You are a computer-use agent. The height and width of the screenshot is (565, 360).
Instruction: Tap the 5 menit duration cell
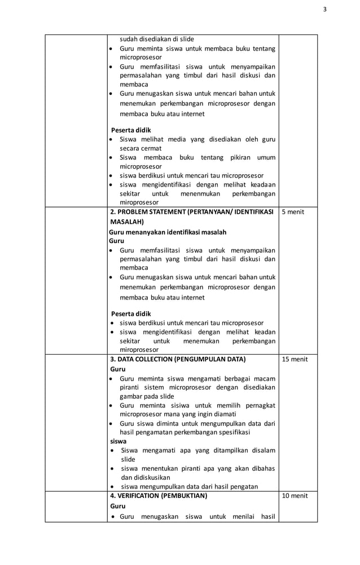tap(293, 212)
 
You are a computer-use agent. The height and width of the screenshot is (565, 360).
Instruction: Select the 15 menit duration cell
tap(295, 359)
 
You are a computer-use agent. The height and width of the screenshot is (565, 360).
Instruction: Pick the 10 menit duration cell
tap(295, 496)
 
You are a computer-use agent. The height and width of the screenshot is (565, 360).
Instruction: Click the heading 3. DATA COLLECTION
tap(178, 359)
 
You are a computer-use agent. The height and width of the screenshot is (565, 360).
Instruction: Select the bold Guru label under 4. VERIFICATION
tap(118, 506)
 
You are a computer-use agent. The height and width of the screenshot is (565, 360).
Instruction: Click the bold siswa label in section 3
tap(118, 441)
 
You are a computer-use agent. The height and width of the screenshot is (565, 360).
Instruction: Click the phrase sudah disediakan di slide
tap(156, 39)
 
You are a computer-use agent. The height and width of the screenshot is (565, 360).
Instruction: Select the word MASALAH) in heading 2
tap(127, 222)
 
